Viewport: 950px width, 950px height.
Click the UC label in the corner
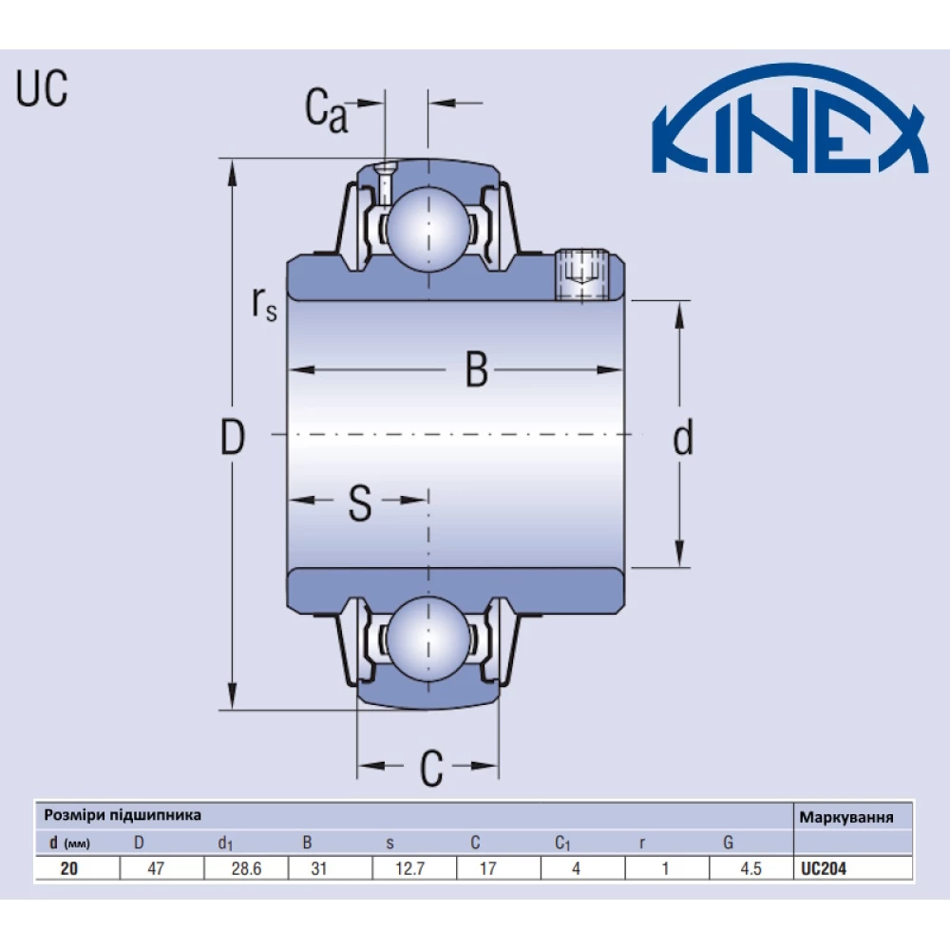coord(42,90)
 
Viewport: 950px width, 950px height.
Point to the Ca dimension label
coord(326,111)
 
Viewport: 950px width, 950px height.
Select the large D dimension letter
coord(232,438)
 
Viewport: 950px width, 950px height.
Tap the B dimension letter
coord(476,370)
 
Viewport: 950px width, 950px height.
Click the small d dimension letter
coord(682,439)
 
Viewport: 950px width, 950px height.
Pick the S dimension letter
coord(359,503)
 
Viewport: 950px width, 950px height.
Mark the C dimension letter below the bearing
coord(431,769)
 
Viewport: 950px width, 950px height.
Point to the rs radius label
coord(264,303)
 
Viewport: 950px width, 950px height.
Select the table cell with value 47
coord(159,868)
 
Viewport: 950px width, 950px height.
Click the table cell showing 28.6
coord(245,868)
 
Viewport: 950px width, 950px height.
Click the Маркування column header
coord(845,816)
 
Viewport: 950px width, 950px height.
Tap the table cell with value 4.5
coord(750,868)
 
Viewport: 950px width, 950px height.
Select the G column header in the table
coord(728,843)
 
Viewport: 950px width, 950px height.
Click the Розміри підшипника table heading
coord(123,815)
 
